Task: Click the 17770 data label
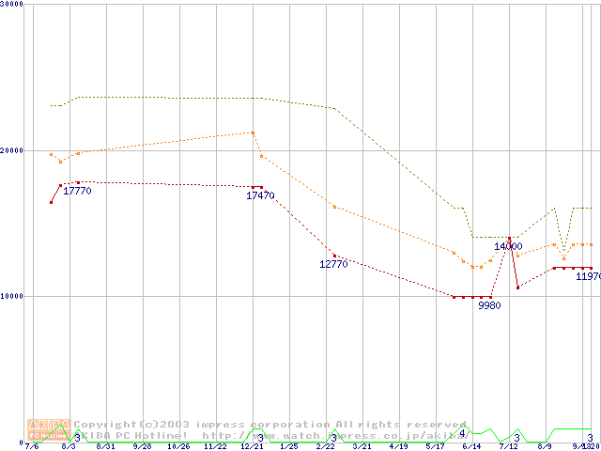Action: pos(77,191)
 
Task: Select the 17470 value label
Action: pos(260,195)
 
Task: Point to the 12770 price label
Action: pos(333,264)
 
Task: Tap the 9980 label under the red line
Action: pos(489,305)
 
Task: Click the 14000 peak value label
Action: pos(508,246)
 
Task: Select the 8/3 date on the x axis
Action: pos(69,446)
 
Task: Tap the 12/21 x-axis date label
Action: pos(252,446)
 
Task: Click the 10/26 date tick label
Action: pos(178,446)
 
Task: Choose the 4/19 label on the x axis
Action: pos(398,446)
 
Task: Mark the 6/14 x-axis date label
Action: pos(471,446)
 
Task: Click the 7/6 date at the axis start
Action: pos(32,446)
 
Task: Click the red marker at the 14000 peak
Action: pos(509,238)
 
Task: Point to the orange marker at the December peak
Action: pos(253,132)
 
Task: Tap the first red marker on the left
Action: pos(51,202)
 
